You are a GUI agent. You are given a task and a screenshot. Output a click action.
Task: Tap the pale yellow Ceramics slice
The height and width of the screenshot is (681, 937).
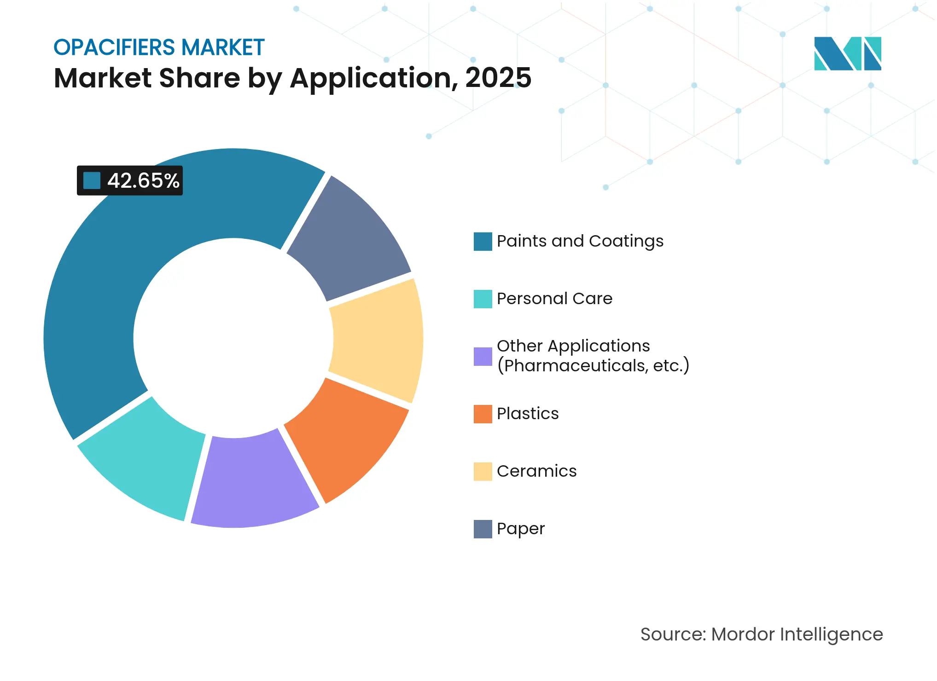click(378, 340)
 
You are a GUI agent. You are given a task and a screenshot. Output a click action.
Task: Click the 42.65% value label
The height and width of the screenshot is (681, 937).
click(143, 181)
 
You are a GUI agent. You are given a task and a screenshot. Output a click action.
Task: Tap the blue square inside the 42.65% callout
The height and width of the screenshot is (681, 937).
click(92, 181)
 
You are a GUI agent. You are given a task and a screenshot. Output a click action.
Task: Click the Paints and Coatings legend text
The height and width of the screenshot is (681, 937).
click(580, 241)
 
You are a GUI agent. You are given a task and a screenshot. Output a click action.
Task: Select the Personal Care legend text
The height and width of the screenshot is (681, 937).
click(554, 299)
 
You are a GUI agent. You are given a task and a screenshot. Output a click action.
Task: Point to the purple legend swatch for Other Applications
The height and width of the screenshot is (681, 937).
click(483, 357)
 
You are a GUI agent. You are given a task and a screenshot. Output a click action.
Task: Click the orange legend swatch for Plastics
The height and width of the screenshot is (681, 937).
click(483, 414)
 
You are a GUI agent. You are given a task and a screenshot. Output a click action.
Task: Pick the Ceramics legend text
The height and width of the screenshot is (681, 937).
click(536, 471)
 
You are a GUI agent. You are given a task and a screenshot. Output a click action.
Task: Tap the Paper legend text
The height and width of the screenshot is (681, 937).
click(520, 529)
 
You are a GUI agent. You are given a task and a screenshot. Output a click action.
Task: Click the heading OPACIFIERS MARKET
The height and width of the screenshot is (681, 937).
click(159, 47)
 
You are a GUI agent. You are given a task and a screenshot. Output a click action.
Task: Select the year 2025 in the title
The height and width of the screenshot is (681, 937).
click(498, 78)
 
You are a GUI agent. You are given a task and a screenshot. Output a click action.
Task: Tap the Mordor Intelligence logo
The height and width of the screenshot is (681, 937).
click(847, 53)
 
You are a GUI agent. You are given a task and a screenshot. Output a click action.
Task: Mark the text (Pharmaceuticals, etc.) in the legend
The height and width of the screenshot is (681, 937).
click(593, 366)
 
